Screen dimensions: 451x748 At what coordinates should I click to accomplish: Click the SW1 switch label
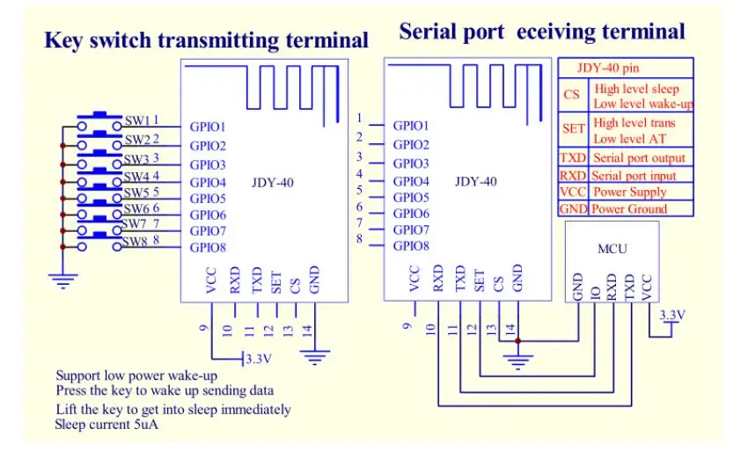tap(136, 120)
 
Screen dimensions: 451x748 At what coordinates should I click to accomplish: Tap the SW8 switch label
tap(134, 242)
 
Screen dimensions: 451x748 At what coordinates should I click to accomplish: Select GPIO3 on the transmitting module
tap(209, 164)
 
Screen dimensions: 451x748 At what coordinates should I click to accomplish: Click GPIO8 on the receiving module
tap(411, 246)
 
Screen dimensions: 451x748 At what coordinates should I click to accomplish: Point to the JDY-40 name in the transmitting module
tap(273, 181)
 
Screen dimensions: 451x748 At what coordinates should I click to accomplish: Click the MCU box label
tap(612, 249)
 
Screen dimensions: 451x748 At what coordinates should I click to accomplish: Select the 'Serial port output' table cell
tap(639, 158)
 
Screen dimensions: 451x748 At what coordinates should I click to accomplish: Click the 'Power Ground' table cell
tap(629, 209)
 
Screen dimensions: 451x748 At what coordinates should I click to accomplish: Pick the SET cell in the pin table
tap(573, 128)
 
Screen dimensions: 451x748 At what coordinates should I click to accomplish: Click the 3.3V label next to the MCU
tap(671, 315)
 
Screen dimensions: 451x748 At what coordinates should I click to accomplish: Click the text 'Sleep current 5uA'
tap(107, 425)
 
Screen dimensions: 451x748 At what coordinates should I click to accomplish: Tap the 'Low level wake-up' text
tap(642, 104)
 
